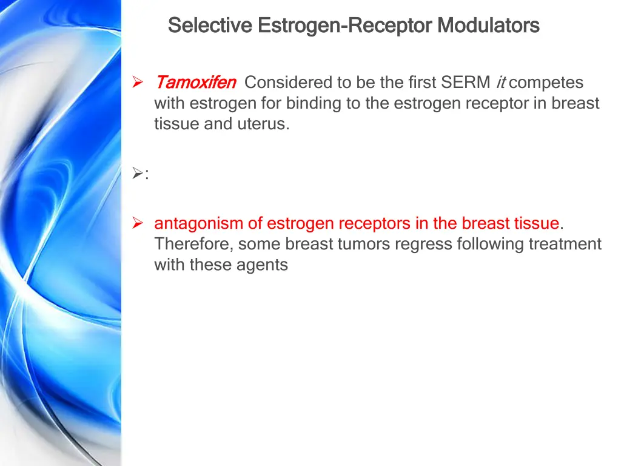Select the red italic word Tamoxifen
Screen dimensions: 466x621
pos(196,82)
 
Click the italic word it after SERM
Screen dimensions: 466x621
pos(500,82)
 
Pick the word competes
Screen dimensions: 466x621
pos(546,82)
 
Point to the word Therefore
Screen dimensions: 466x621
pos(193,245)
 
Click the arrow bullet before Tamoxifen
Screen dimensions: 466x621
pos(137,82)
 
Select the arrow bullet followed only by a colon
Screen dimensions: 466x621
pos(137,175)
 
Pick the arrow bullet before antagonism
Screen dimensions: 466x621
pos(137,224)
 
